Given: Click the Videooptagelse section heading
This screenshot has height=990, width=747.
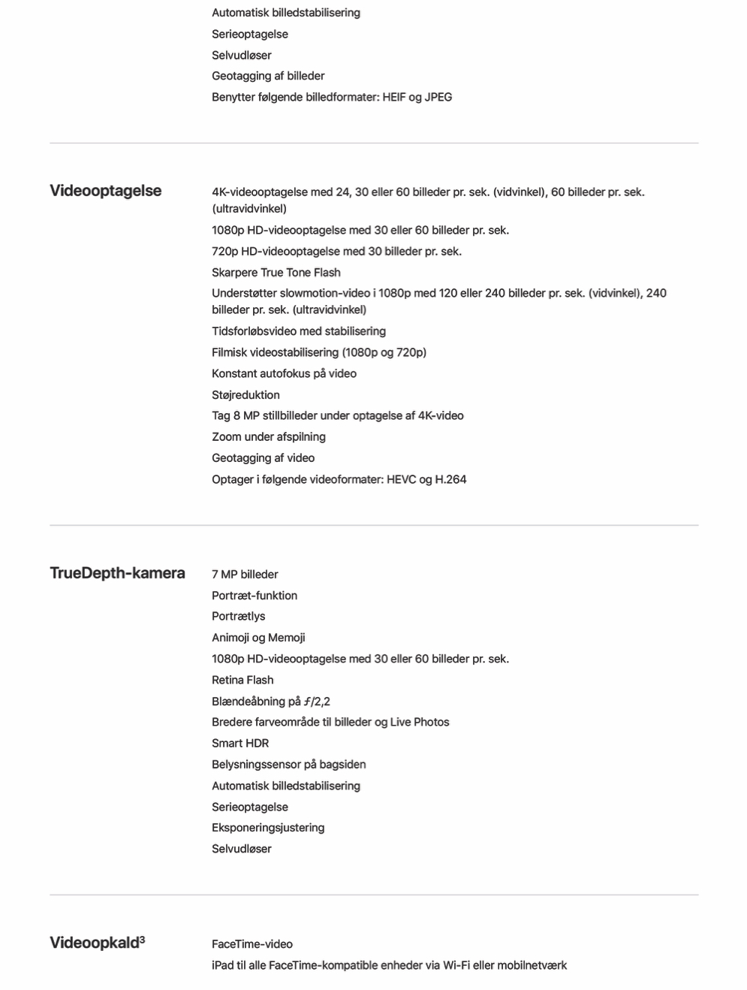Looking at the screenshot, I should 105,191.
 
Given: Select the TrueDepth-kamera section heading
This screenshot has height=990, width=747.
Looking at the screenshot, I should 117,573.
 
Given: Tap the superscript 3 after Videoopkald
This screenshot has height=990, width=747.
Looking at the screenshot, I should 142,939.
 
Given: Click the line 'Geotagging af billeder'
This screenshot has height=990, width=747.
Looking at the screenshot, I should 268,76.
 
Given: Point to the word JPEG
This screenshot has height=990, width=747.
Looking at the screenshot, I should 438,97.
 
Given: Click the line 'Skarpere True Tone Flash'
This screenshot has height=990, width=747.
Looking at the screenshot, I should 276,273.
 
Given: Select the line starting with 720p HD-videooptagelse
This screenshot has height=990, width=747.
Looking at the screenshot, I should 336,252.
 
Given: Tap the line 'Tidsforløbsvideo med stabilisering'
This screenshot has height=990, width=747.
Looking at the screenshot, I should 298,331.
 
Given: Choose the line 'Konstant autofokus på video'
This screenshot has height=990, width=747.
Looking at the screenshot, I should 284,373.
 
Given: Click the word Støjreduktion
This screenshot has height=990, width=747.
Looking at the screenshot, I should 245,395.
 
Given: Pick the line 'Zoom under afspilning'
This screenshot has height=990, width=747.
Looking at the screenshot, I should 268,437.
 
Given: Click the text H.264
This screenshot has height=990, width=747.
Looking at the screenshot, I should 450,479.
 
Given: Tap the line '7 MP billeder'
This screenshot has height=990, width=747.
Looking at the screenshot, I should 245,575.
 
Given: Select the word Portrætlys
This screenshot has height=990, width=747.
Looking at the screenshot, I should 238,617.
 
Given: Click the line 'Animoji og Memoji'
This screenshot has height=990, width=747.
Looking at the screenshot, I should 258,638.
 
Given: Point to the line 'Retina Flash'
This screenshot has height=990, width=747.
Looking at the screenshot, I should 242,680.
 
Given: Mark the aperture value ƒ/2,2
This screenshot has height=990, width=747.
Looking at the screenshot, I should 317,702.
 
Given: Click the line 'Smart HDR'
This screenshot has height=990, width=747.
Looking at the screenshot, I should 240,744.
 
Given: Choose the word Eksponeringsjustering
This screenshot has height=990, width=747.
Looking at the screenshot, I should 268,828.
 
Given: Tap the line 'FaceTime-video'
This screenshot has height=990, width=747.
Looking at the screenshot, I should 252,944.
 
